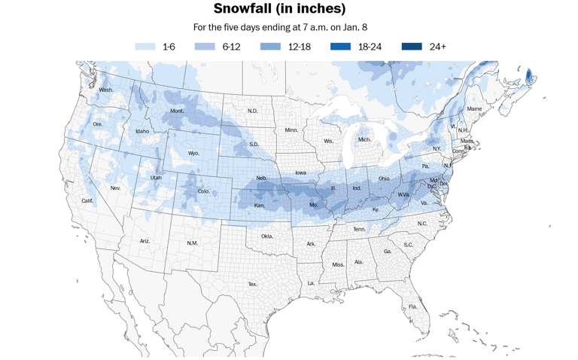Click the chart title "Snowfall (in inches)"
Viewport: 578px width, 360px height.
pos(279,9)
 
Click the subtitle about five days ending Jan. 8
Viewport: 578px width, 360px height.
pos(279,28)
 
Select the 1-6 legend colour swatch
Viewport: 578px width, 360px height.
pos(145,47)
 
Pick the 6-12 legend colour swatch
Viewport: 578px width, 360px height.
pos(205,47)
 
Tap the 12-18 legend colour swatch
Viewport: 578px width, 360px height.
pos(270,47)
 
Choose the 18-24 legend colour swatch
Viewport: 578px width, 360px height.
pos(340,47)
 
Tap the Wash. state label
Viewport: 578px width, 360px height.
pos(106,90)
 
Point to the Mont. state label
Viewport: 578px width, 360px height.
pos(177,111)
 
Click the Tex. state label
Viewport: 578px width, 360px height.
pos(253,284)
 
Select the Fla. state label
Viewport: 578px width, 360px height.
pos(412,307)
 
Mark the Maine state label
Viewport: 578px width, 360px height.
pos(474,109)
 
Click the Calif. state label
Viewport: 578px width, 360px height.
pos(88,201)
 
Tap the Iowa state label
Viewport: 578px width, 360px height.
pos(300,172)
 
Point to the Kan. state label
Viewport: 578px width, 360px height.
pos(260,206)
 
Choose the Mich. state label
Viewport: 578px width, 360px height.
pos(364,139)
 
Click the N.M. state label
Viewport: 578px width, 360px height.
pos(192,243)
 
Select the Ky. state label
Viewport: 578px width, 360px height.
pos(376,209)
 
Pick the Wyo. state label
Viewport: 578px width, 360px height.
pos(193,153)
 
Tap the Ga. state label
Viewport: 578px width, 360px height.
pos(387,252)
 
